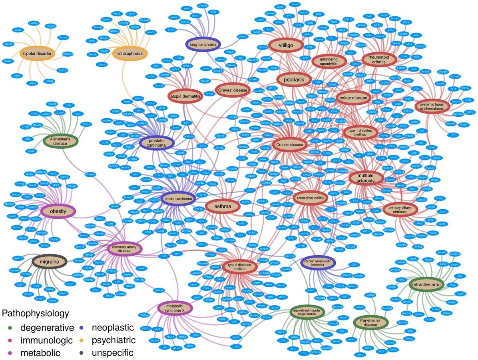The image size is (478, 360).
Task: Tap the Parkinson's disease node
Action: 372,322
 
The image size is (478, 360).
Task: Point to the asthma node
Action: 223,206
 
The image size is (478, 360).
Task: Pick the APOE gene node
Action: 34,113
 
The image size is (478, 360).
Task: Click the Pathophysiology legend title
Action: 35,313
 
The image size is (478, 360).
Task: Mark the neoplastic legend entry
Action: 112,328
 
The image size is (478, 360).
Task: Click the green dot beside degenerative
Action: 10,329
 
